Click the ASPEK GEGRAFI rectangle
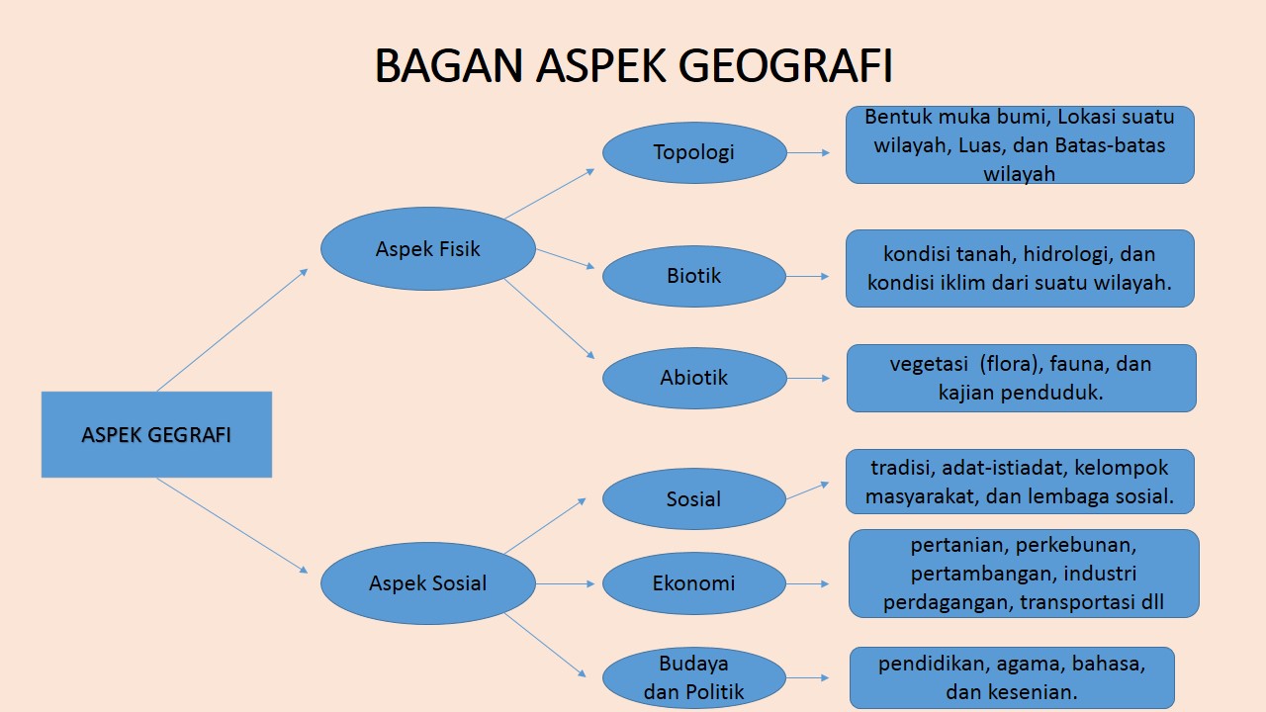[x=156, y=435]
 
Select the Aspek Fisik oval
[x=427, y=248]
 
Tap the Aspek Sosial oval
[x=427, y=583]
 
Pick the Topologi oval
[x=694, y=152]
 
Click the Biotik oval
[x=694, y=276]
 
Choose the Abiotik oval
[x=694, y=377]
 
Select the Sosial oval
[x=694, y=498]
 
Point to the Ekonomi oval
[x=694, y=583]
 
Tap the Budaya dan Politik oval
[x=694, y=677]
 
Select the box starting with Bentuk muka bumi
[x=1020, y=144]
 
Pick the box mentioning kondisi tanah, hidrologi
[x=1020, y=268]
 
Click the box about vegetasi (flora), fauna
[x=1021, y=378]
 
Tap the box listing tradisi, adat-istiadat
[x=1020, y=482]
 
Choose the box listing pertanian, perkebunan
[x=1024, y=574]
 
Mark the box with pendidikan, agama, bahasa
[x=1012, y=677]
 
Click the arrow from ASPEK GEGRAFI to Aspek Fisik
[x=232, y=329]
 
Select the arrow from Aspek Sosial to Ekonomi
[x=566, y=583]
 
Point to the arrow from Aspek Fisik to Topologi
[x=550, y=193]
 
